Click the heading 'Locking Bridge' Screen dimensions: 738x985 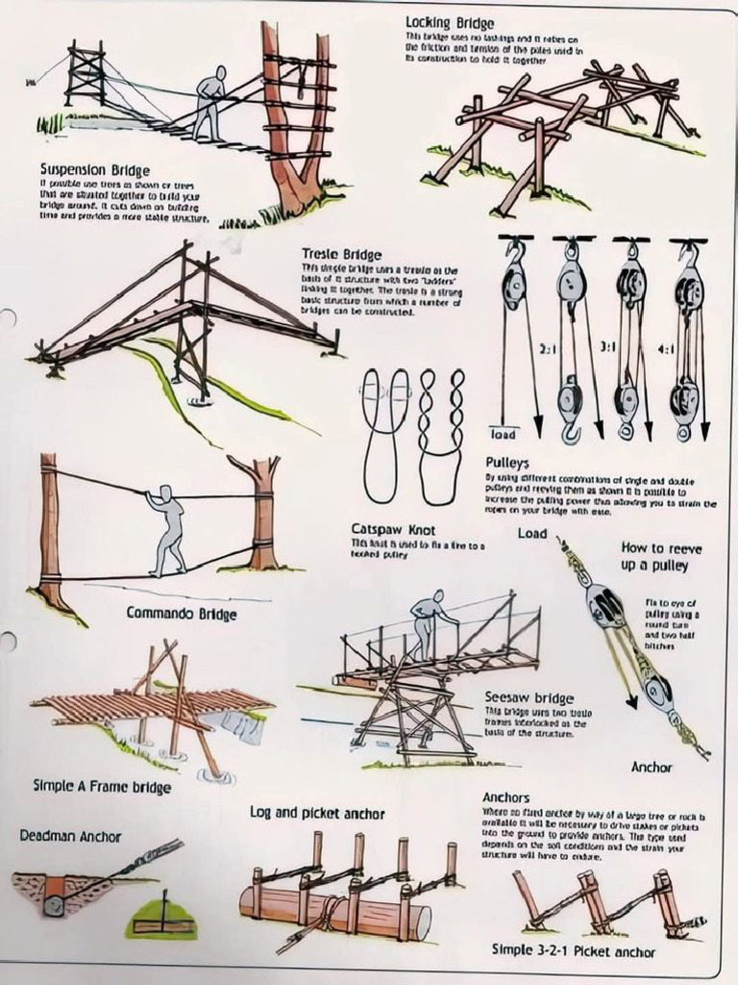tap(450, 22)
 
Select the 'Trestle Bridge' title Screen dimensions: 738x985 tap(342, 254)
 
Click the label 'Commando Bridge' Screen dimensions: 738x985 tap(182, 612)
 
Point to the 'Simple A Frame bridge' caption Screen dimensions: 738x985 tap(102, 786)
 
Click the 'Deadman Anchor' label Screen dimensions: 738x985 tap(70, 836)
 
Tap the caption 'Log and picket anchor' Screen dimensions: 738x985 tap(317, 813)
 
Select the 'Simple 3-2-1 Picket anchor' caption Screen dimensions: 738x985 tap(574, 949)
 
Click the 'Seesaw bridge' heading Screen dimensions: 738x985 tap(529, 697)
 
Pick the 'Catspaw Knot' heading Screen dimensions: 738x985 tap(393, 529)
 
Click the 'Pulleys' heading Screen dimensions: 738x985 tap(507, 462)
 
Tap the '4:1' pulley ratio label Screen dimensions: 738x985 tap(666, 350)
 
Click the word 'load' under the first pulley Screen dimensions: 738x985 tap(504, 434)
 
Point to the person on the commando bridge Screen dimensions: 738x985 tap(169, 529)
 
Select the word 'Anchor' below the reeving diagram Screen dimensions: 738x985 tap(651, 768)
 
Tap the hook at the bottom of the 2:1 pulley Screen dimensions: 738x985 tap(571, 435)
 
